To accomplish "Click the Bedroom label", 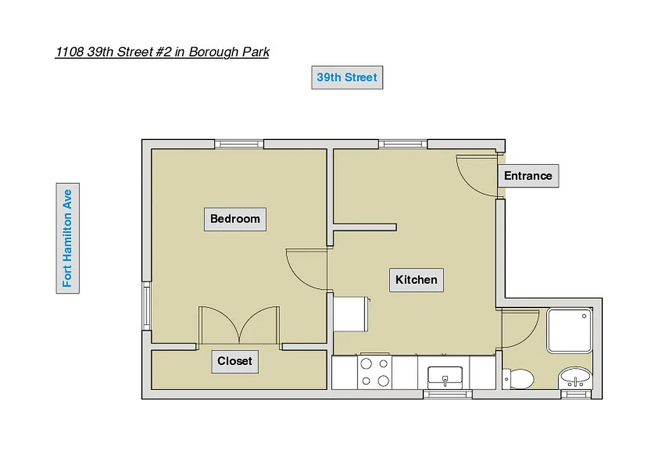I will [x=235, y=219].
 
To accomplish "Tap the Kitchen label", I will [x=416, y=280].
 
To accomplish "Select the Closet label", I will [x=235, y=361].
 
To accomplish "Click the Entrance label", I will [x=528, y=176].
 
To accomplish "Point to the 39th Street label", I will [x=347, y=77].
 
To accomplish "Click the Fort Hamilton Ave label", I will [x=67, y=238].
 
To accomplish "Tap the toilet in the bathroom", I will [x=519, y=379].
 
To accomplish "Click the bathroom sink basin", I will [x=575, y=378].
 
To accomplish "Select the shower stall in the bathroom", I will [x=570, y=330].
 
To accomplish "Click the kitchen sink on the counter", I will [x=445, y=377].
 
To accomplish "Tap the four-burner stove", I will [x=375, y=372].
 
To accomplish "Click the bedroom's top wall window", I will [x=239, y=144].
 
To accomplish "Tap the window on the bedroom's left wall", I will [x=146, y=306].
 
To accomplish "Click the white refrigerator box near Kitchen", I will [x=351, y=314].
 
